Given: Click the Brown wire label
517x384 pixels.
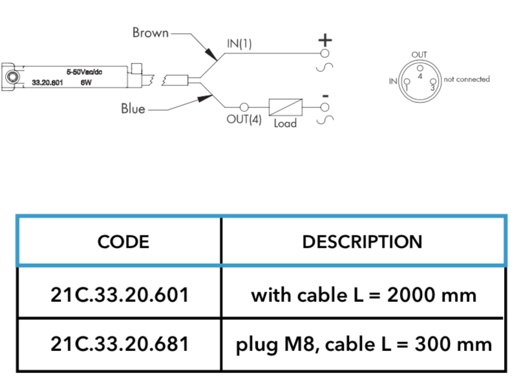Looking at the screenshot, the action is click(151, 33).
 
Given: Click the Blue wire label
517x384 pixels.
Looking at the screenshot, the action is click(133, 109).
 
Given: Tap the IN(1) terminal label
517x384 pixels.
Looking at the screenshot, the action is click(239, 43).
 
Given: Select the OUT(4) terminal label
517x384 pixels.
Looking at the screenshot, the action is click(244, 119).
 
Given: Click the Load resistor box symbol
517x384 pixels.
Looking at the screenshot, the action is click(286, 107).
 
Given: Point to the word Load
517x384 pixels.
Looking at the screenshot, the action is click(285, 123).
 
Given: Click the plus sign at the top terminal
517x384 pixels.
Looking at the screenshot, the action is click(325, 40).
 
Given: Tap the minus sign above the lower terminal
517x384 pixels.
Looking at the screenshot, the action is click(326, 96).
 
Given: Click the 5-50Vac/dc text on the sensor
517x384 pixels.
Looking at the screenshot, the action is click(85, 72).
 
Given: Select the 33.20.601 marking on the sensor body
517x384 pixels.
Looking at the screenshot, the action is click(47, 83).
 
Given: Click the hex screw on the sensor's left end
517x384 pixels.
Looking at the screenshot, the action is click(12, 78).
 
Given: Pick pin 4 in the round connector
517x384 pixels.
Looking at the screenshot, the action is click(419, 69).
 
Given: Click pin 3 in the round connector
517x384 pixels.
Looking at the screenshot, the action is click(433, 81).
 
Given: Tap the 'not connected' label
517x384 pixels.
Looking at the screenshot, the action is click(467, 79).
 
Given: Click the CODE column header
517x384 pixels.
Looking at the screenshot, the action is click(123, 242).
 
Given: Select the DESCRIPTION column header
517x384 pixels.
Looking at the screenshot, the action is click(363, 242).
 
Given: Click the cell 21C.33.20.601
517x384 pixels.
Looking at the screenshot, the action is click(120, 295).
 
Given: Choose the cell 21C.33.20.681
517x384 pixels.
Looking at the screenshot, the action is click(120, 344).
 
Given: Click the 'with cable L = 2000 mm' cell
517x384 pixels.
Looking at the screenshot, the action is click(364, 295).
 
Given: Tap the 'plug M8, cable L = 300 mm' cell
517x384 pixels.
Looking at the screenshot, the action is click(364, 345).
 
